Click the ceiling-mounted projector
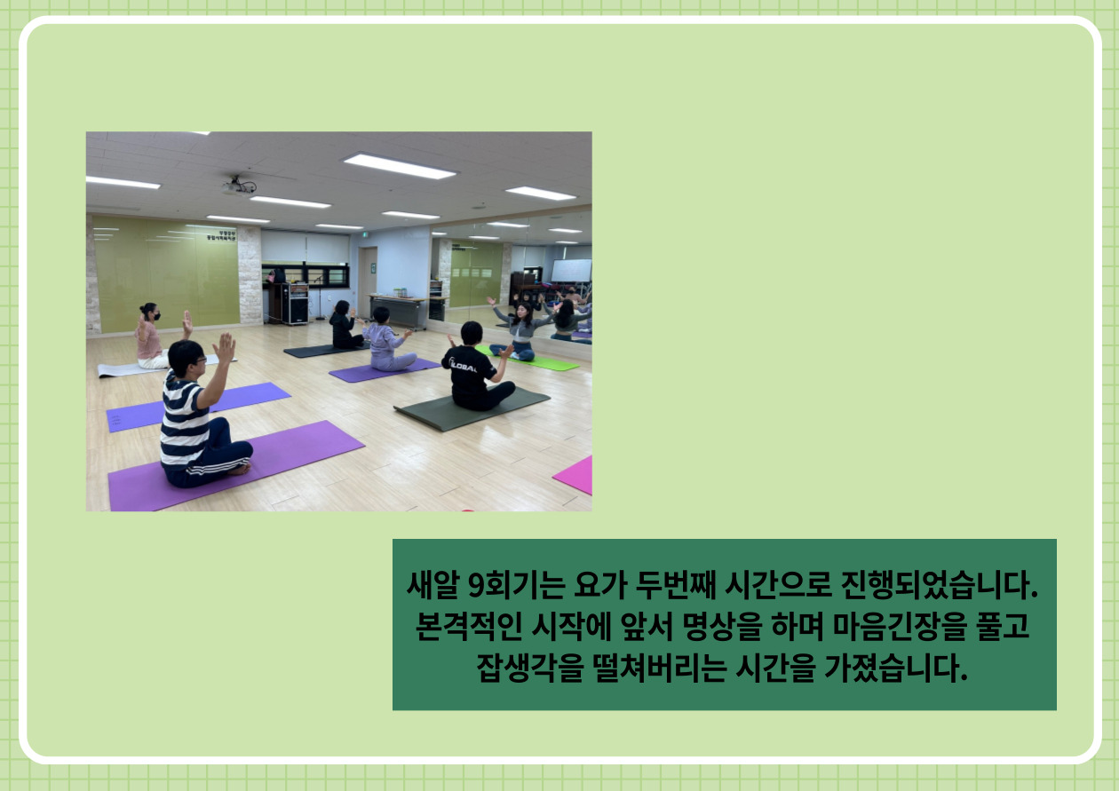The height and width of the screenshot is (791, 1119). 239,186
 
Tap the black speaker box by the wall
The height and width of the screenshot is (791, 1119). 295,305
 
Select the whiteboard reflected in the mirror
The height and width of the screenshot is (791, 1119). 571,271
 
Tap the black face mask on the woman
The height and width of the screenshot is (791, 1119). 156,316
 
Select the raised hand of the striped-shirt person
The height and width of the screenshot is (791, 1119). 225,348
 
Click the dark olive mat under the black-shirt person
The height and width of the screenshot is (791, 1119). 472,407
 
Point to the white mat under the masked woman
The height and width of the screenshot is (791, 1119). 150,367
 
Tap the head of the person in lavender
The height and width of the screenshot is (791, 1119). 381,315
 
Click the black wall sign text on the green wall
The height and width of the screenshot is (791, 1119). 220,236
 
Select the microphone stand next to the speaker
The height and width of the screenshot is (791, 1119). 319,297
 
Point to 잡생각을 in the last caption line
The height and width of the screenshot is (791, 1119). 530,668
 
